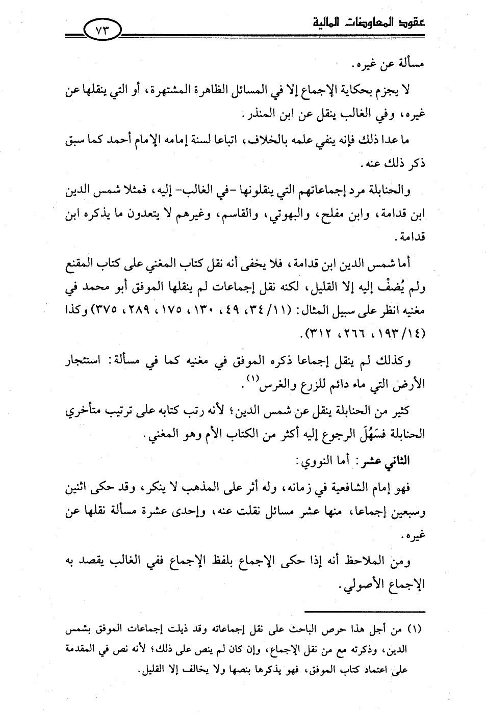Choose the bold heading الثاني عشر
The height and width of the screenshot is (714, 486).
pos(390,461)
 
